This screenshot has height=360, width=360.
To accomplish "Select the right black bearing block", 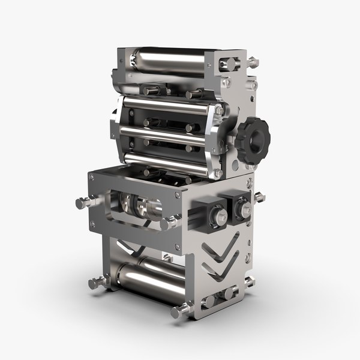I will tap(237, 206).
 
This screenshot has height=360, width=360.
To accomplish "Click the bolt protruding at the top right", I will tap(253, 62).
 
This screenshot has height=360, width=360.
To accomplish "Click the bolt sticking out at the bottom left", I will tap(96, 283).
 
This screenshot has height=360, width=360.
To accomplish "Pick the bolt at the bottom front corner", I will tap(178, 311).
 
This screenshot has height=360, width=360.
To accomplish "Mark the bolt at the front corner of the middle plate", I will tap(167, 223).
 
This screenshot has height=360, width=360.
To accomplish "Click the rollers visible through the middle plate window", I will tap(140, 206).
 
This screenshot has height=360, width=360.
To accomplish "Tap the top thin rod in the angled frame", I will tap(168, 105).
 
